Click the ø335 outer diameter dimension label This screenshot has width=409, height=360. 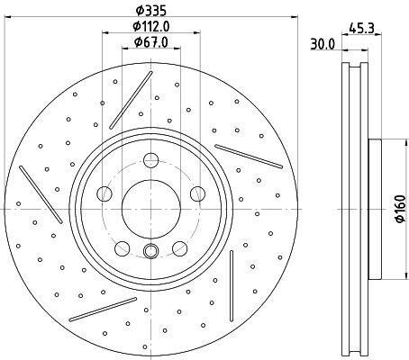click(x=150, y=11)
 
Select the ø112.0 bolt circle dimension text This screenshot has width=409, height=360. click(x=151, y=27)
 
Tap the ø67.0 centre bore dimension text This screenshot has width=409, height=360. click(x=151, y=42)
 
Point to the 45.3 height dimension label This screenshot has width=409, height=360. click(x=361, y=29)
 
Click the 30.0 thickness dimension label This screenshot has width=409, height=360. click(x=323, y=45)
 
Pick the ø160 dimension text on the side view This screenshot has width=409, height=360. click(x=400, y=209)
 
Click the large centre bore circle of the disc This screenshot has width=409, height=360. click(x=151, y=209)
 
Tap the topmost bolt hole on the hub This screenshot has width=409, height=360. click(x=151, y=160)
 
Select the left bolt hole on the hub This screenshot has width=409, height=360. click(x=105, y=193)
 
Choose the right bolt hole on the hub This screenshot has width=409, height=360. click(x=198, y=193)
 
